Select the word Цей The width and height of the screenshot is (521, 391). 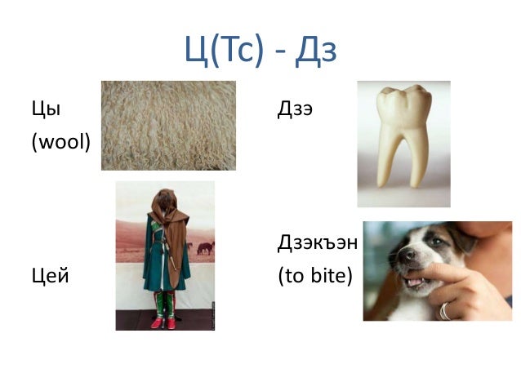(50, 276)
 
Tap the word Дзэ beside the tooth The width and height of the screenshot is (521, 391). (296, 109)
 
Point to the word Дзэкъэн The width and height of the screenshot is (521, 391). (318, 242)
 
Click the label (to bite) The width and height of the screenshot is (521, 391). (315, 276)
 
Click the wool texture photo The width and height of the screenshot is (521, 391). (168, 125)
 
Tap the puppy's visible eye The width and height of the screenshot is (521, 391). (431, 242)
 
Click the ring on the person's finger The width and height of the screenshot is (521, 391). (446, 311)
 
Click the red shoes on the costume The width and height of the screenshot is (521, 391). (164, 322)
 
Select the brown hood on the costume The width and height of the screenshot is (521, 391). (165, 204)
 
